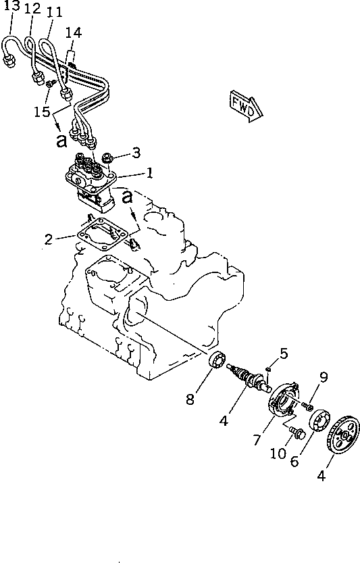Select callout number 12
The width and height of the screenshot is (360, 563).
point(32,9)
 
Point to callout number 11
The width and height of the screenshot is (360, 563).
point(55,11)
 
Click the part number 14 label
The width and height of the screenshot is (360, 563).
point(74,32)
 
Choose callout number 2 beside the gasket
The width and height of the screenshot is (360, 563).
point(48,238)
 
